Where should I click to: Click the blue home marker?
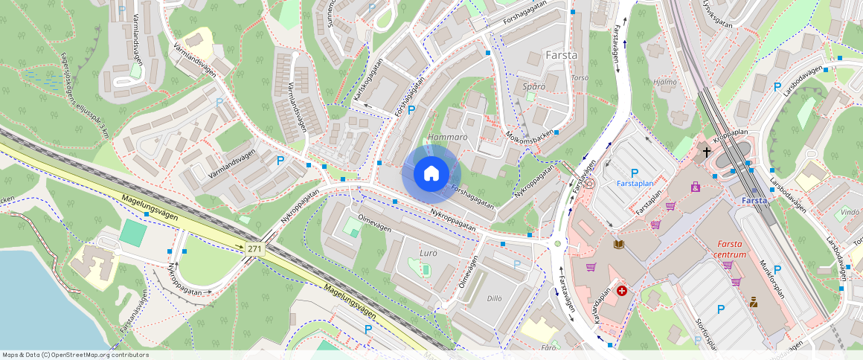click(x=431, y=174)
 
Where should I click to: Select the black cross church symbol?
click(x=705, y=152)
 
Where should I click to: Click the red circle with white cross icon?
click(x=622, y=291)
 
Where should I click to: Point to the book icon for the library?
click(x=619, y=244)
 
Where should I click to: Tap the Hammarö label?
click(x=447, y=138)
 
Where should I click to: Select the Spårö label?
click(x=534, y=86)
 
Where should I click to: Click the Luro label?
click(x=429, y=253)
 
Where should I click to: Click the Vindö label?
click(x=849, y=212)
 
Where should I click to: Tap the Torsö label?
click(x=579, y=77)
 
